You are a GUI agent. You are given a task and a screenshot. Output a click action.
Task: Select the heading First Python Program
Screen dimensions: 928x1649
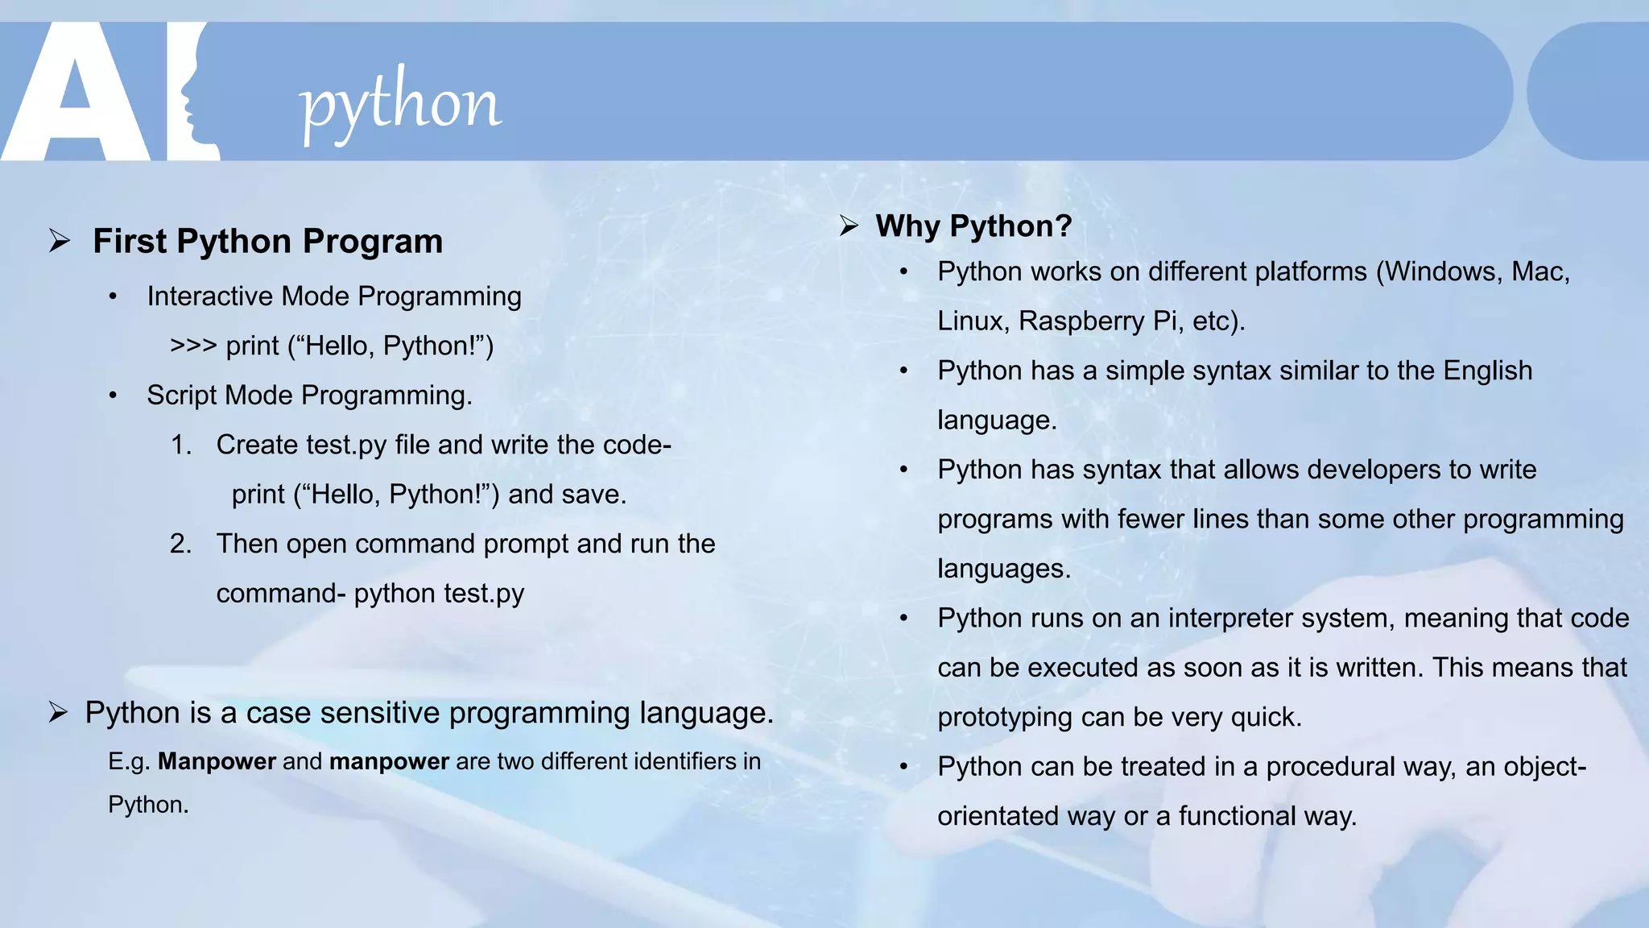click(x=267, y=241)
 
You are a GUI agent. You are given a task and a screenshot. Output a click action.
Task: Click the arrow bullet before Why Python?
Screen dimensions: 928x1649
click(x=849, y=226)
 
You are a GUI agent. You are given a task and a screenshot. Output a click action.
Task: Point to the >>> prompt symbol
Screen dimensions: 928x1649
click(x=193, y=346)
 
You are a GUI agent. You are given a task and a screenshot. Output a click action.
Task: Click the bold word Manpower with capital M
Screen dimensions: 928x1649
click(x=217, y=761)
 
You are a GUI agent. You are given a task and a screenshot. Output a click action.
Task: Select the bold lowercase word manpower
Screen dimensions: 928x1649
click(x=389, y=761)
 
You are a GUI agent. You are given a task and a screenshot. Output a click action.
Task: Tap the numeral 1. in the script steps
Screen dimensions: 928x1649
click(x=181, y=445)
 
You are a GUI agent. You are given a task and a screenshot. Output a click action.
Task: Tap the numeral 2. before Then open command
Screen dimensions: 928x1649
click(x=181, y=544)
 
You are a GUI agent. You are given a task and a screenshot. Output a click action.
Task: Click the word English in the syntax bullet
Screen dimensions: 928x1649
click(x=1487, y=371)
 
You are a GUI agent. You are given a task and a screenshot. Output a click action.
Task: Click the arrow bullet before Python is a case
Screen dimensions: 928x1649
click(x=58, y=713)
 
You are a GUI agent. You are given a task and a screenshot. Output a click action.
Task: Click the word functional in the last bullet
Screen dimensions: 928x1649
click(x=1237, y=816)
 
